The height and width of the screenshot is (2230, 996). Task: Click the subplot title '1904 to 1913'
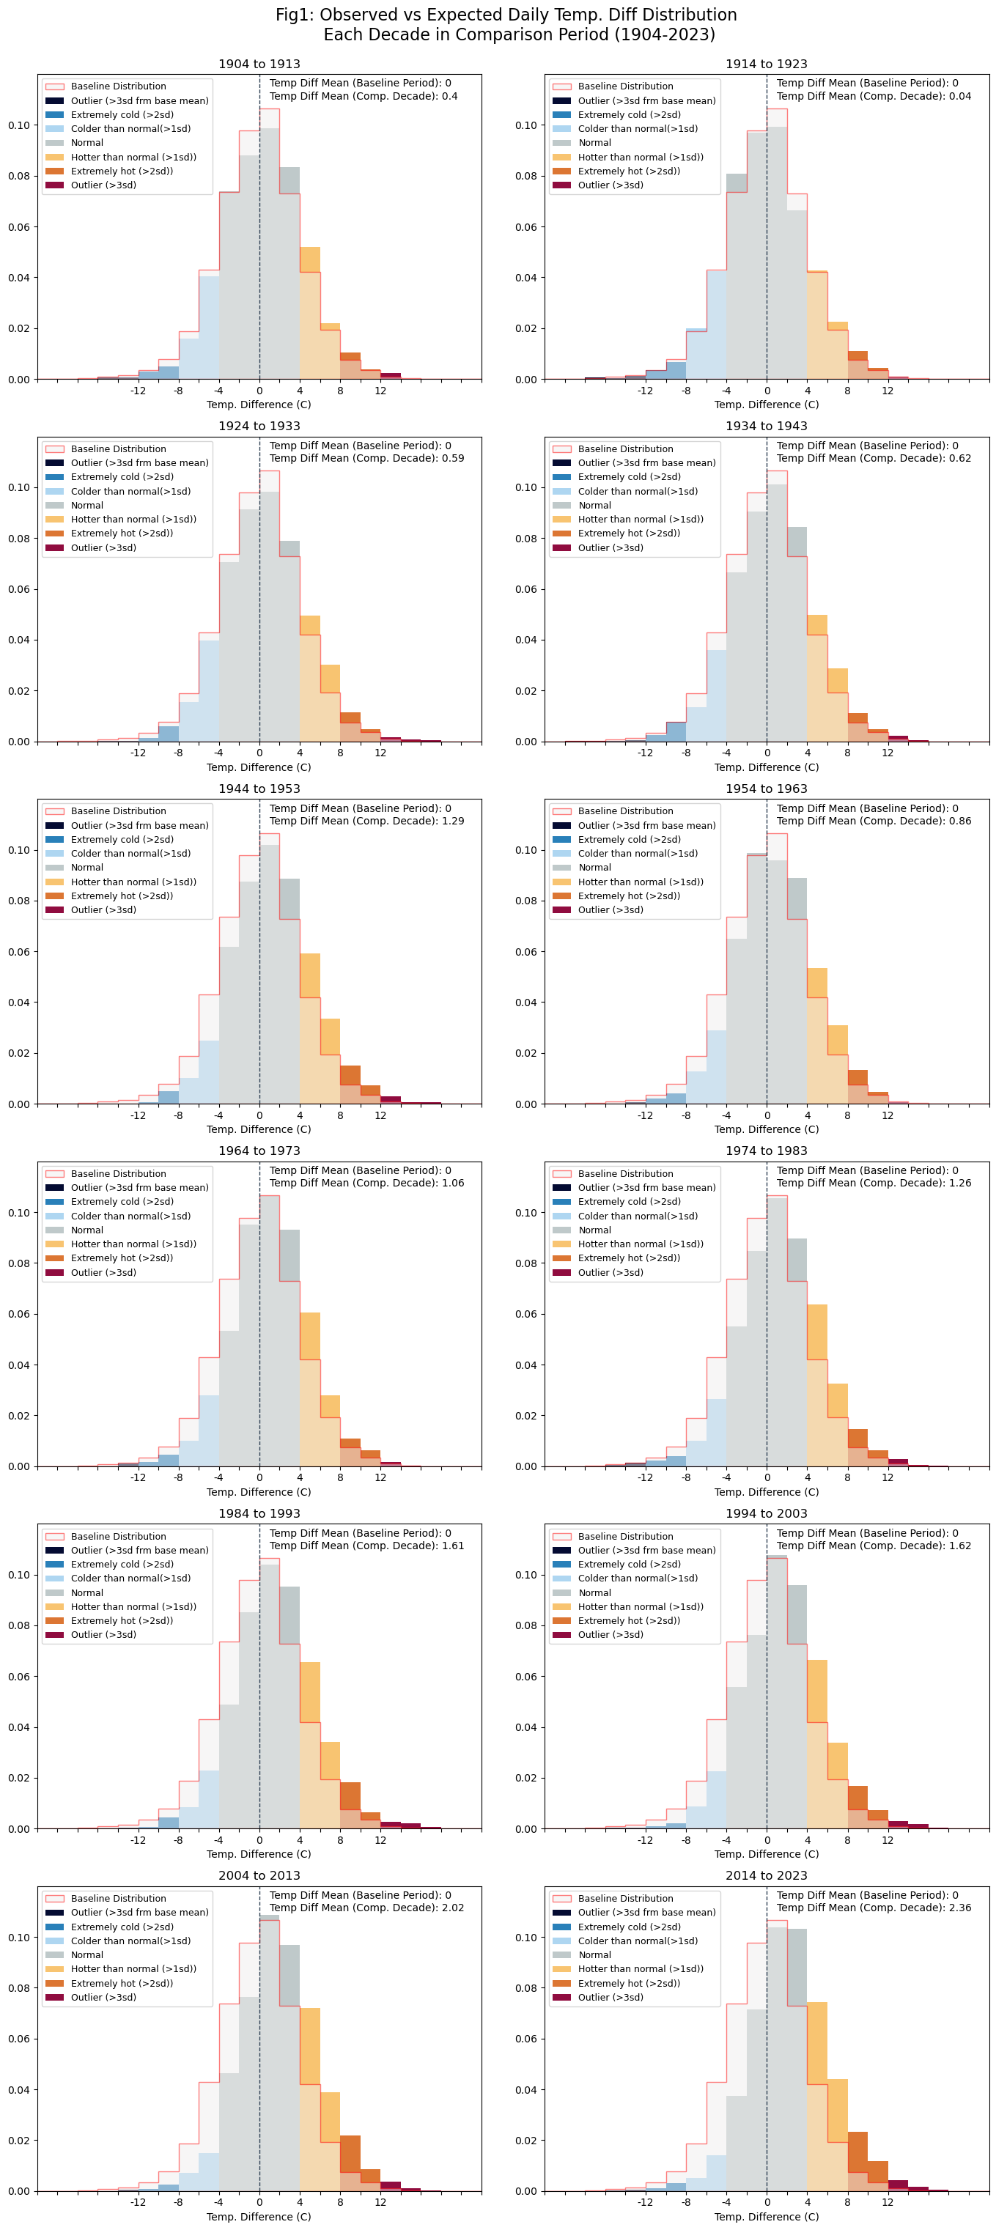click(259, 64)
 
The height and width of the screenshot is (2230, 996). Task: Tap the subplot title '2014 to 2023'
click(766, 1875)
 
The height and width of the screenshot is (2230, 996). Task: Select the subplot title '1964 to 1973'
click(259, 1151)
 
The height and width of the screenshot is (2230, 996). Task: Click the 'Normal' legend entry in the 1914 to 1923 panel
click(594, 143)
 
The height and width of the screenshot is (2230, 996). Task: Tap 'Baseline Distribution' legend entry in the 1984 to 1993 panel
click(119, 1536)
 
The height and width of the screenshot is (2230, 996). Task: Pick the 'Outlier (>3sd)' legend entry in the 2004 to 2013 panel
click(103, 1997)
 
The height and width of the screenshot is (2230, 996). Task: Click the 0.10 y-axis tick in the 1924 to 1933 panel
click(19, 487)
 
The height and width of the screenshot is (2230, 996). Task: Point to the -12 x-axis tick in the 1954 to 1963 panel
click(645, 1115)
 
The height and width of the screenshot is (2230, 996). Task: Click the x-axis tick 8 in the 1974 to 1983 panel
click(847, 1477)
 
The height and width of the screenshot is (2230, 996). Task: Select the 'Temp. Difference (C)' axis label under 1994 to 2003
click(766, 1853)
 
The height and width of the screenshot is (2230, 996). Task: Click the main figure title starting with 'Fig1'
click(506, 24)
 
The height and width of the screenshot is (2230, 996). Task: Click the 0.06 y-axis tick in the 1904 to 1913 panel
click(19, 226)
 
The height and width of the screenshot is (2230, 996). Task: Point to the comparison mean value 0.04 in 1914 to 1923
click(959, 96)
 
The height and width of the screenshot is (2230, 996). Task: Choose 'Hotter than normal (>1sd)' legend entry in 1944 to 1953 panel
click(133, 882)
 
